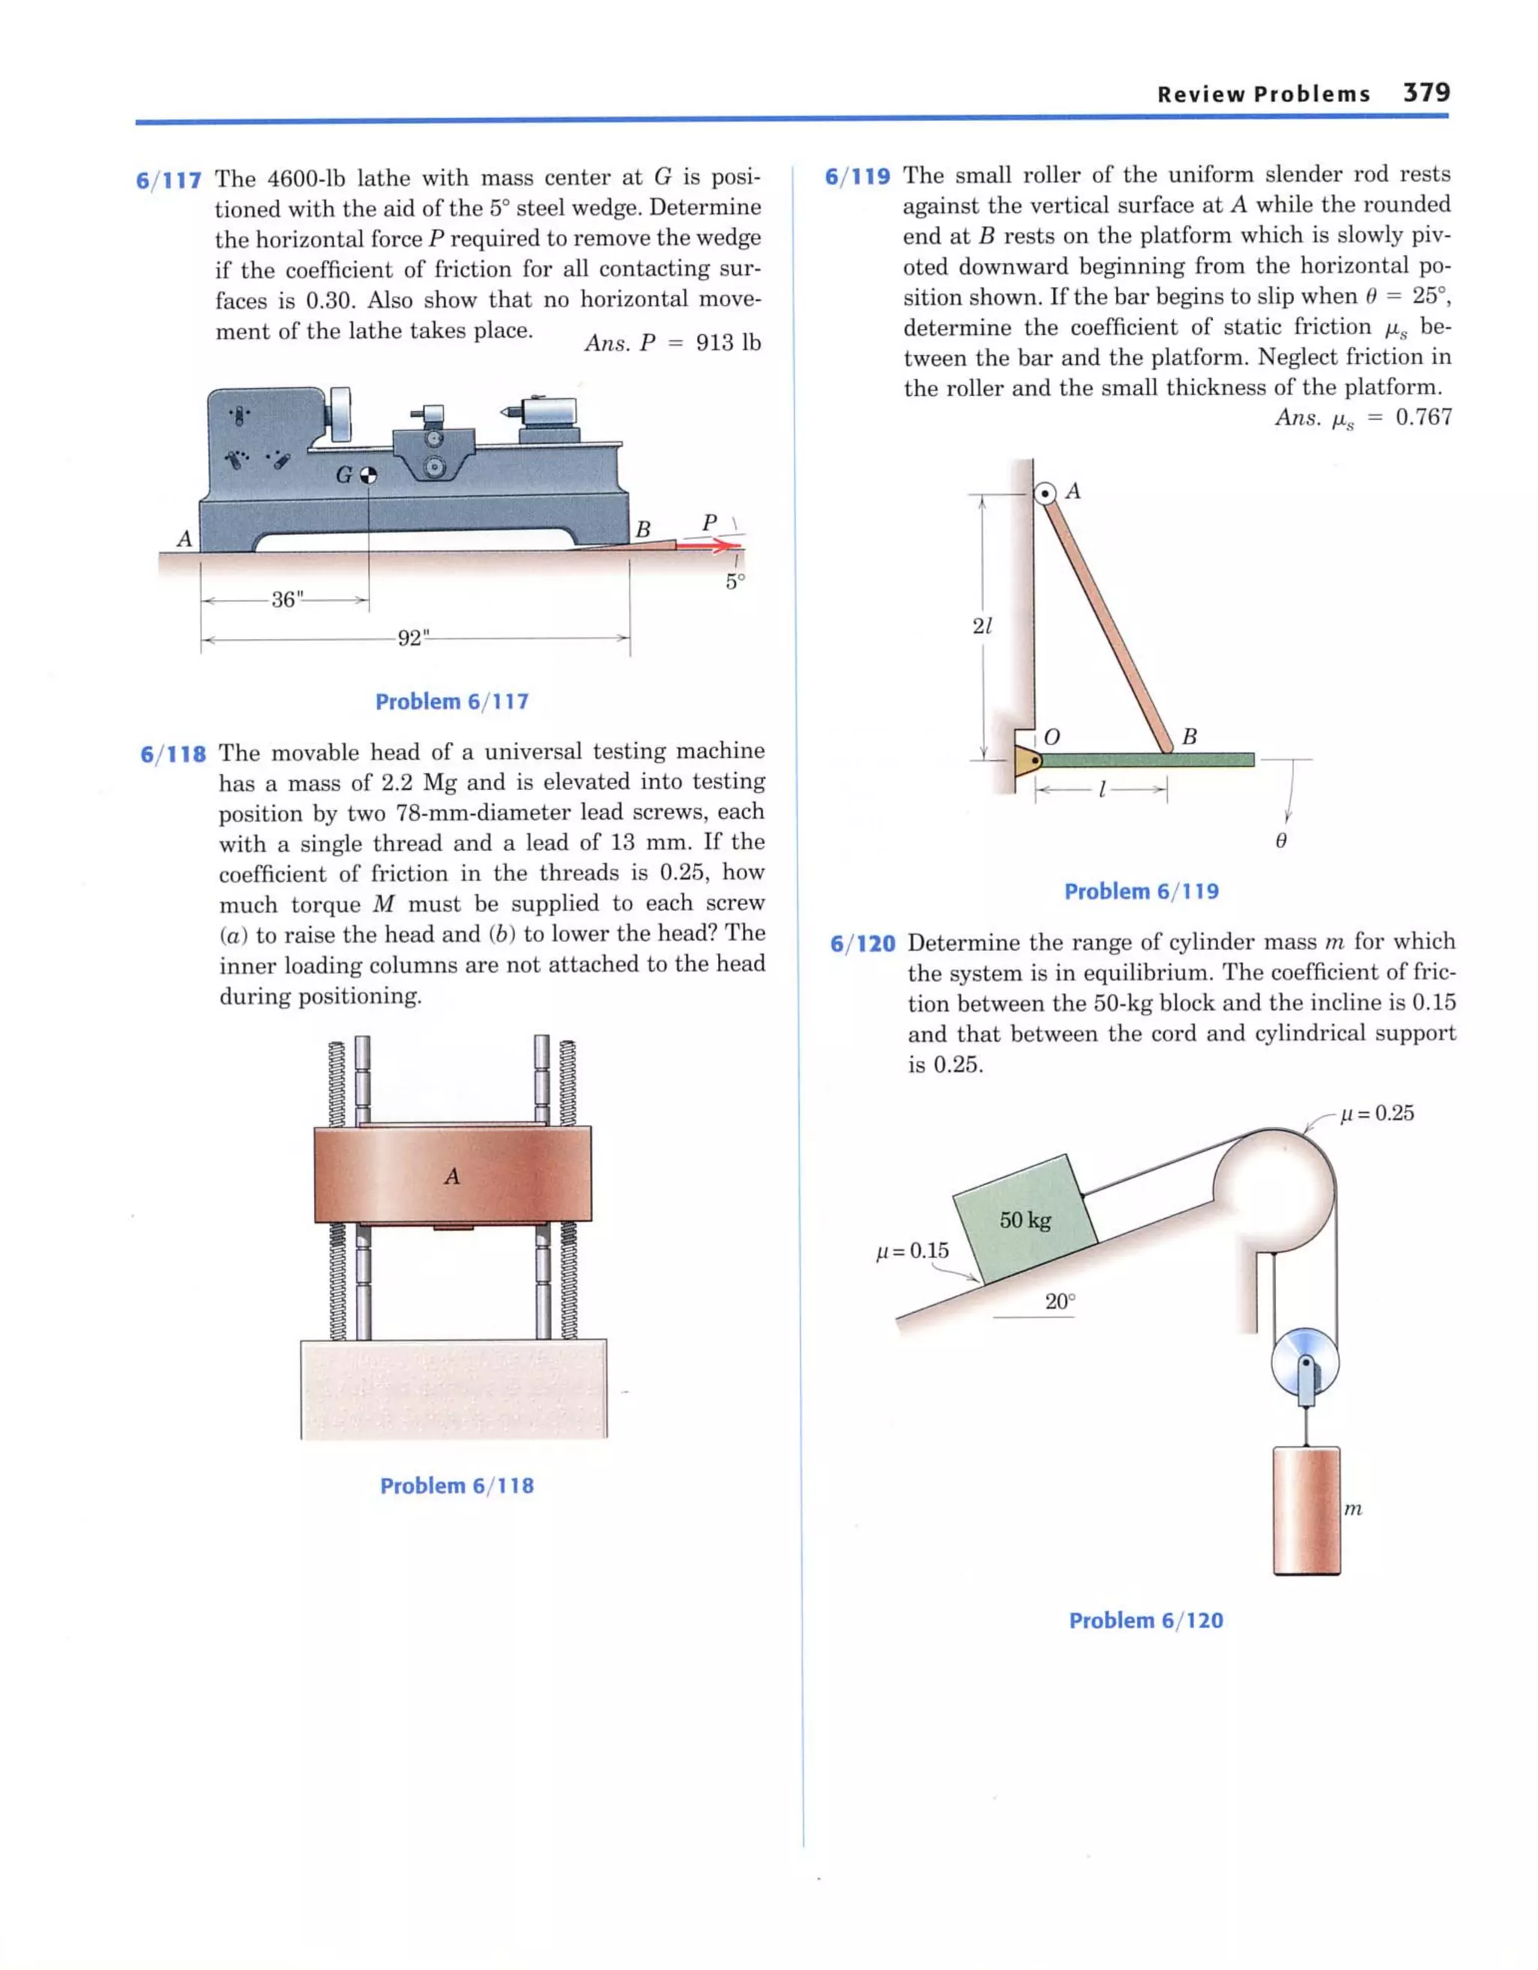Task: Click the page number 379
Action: (x=1426, y=92)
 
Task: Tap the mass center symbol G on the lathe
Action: (x=368, y=475)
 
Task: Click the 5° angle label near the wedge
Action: (x=735, y=582)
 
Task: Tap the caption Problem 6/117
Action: (x=452, y=701)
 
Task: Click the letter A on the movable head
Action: (x=452, y=1176)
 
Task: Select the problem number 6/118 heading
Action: (x=172, y=754)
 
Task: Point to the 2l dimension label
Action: (x=982, y=625)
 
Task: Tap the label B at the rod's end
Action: (x=1189, y=737)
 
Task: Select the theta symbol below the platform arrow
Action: (x=1281, y=840)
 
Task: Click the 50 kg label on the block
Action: (x=1025, y=1220)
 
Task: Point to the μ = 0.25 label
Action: (x=1377, y=1113)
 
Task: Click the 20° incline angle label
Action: (x=1060, y=1302)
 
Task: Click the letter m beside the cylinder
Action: (x=1353, y=1508)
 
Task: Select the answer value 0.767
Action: (x=1423, y=418)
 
